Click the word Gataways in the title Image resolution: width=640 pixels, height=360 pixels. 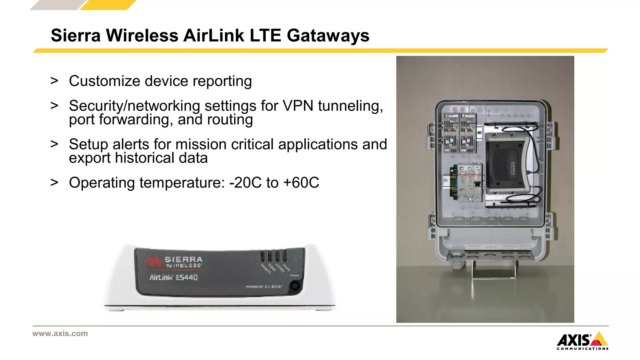[328, 35]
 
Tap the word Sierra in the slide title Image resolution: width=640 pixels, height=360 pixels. [76, 35]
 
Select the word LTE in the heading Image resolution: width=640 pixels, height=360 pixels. [265, 35]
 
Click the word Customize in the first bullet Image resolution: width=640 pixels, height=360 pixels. [104, 81]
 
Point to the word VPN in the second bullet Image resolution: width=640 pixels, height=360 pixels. [298, 106]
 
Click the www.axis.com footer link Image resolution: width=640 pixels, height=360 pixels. [60, 333]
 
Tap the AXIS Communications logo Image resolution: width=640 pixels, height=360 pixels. [582, 341]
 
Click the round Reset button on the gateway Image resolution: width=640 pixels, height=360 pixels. [294, 286]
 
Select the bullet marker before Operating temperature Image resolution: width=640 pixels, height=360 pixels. [54, 182]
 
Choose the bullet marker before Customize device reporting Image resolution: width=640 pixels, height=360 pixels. [54, 81]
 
